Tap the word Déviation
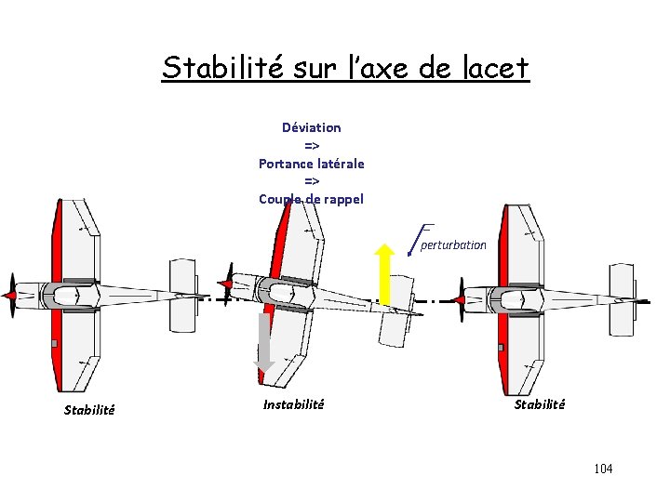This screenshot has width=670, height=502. pos(312,127)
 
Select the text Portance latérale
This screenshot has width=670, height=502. pos(312,164)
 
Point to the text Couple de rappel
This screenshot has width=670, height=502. pos(312,199)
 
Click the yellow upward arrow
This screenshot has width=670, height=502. pos(383,272)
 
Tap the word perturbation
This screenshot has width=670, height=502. pos(453,245)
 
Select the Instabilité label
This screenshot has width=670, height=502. pos(294,404)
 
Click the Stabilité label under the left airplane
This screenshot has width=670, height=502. pos(89,410)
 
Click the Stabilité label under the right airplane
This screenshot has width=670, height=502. pos(540,404)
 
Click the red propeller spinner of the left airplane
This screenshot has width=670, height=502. pos(10,296)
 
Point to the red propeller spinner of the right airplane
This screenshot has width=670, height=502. pos(459,299)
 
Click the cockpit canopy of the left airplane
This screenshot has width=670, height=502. pos(68,297)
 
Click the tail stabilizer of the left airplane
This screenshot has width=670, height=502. pos(183,297)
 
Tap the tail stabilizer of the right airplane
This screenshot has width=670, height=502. pos(622,298)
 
